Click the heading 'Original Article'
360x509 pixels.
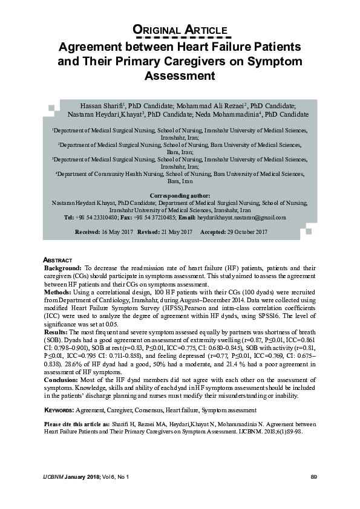pos(180,30)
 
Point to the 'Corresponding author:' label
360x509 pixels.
pos(180,196)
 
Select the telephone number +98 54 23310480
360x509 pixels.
pos(97,217)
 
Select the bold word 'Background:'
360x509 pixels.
pos(64,267)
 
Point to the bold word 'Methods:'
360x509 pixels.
pos(59,291)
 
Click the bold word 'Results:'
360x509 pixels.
pos(59,332)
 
